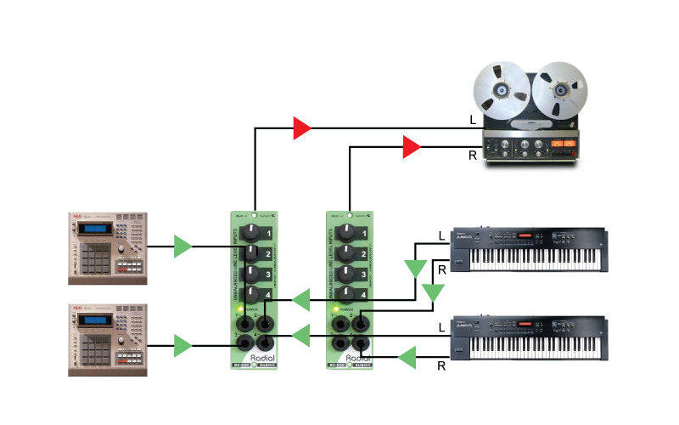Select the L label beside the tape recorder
coord(473,121)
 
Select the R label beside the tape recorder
coord(473,156)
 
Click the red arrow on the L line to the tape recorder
coord(302,128)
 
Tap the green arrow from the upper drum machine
coord(182,246)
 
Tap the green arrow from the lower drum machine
coord(182,345)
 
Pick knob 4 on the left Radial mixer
coord(251,294)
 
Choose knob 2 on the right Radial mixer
coord(346,253)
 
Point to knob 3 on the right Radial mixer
coord(346,274)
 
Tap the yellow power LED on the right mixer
coord(337,308)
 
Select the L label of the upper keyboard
coord(441,235)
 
